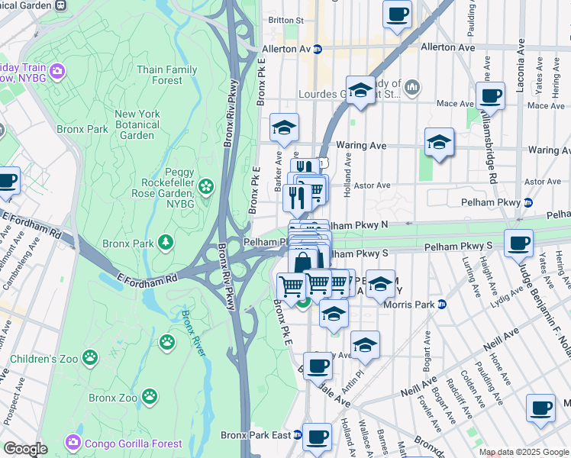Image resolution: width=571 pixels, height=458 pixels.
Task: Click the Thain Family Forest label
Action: tap(166, 75)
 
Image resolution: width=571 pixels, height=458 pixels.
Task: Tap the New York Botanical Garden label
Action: tap(137, 124)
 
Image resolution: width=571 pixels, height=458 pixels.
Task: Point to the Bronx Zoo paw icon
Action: tap(150, 396)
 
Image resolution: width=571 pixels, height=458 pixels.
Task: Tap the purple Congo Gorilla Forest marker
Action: tap(73, 443)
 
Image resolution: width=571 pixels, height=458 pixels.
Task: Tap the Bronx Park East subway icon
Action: tap(298, 436)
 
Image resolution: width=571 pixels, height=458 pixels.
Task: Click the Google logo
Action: tap(25, 449)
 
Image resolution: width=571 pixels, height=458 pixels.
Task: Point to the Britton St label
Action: tap(286, 21)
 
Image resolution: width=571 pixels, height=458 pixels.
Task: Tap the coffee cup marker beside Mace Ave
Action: tap(490, 97)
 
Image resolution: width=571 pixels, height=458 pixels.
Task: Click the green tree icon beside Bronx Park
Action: tap(165, 243)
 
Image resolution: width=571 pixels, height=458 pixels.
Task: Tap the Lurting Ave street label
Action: tap(466, 271)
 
